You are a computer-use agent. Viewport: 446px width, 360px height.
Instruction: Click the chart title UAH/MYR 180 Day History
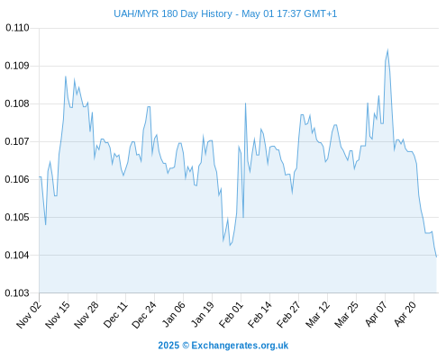point(173,13)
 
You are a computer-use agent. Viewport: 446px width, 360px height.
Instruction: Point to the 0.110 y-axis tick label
point(17,28)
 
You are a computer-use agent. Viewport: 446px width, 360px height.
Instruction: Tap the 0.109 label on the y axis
point(17,66)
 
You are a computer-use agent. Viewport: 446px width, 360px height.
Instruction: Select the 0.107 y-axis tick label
point(17,141)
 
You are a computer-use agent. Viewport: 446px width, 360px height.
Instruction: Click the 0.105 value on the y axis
point(17,217)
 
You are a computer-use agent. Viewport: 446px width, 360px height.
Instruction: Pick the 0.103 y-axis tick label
point(17,292)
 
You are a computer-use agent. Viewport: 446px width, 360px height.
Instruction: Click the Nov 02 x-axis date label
point(29,314)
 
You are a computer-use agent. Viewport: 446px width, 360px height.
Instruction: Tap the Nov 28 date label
point(86,314)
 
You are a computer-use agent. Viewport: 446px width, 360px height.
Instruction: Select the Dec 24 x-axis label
point(144,314)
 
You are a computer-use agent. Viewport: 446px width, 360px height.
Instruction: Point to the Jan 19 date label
point(202,314)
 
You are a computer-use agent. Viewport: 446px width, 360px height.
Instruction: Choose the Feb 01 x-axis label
point(231,314)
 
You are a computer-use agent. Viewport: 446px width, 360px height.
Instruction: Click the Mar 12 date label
point(317,314)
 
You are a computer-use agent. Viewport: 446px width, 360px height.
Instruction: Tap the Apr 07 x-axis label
point(376,314)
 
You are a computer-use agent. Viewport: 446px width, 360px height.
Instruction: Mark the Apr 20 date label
point(405,314)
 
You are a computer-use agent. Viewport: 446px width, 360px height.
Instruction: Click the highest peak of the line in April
point(387,50)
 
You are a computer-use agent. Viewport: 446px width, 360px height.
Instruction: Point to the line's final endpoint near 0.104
point(436,256)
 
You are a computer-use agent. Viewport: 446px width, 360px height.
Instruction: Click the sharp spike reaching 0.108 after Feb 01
point(245,103)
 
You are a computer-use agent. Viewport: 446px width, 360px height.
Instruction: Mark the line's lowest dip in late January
point(230,246)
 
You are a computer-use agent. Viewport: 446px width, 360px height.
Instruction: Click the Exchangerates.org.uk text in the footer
point(240,346)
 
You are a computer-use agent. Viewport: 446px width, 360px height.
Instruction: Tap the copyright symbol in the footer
point(186,346)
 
